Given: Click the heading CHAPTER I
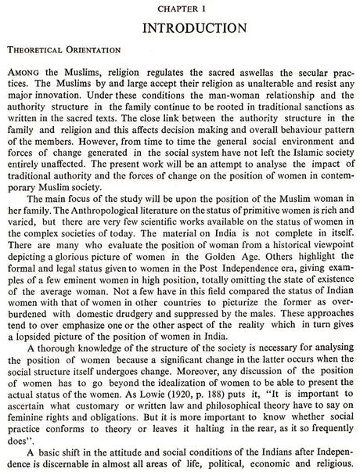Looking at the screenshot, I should (x=179, y=6).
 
